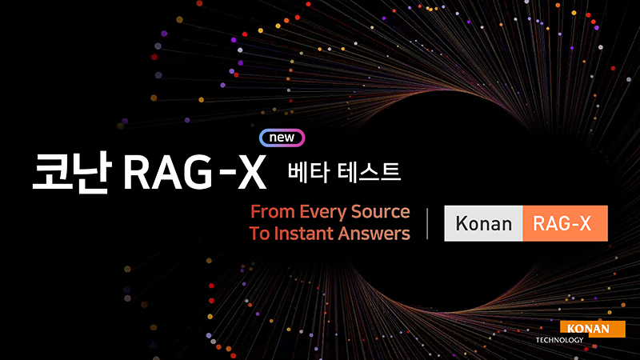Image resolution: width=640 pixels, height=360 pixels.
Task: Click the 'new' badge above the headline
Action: (282, 137)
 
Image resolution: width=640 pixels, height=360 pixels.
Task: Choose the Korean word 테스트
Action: (369, 172)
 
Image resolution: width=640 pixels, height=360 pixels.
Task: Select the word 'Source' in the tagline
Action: (381, 213)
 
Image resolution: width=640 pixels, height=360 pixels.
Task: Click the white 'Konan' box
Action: (483, 223)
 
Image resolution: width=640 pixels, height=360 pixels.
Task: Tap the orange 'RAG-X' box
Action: (563, 223)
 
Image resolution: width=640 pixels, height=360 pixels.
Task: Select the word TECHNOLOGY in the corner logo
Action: (561, 340)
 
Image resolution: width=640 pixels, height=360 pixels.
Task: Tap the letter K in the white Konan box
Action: (462, 223)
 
